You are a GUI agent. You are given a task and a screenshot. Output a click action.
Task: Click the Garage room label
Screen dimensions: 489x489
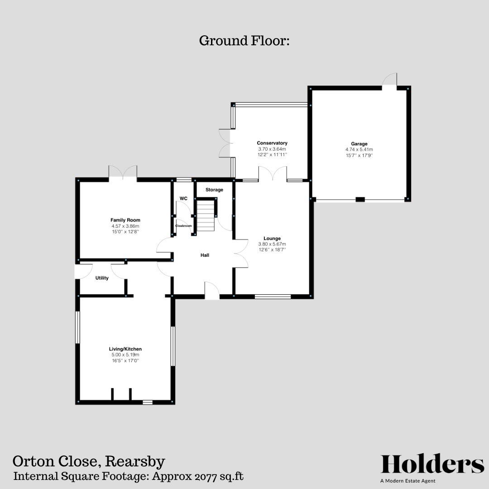pos(360,144)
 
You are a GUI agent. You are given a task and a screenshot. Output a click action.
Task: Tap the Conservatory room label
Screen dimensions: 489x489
pos(272,143)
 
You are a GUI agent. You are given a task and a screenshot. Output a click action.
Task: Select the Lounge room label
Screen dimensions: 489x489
pos(272,238)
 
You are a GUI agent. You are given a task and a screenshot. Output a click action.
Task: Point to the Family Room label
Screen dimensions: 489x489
pos(125,220)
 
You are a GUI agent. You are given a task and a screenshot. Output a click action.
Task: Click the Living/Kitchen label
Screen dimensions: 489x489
pos(125,349)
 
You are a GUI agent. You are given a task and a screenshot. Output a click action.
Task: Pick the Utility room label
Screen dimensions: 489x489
pos(102,278)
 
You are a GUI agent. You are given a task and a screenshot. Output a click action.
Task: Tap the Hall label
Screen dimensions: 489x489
pos(205,255)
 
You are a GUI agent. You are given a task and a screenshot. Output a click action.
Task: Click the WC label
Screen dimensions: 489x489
pos(183,198)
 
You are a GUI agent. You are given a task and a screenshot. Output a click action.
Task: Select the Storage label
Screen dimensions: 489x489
pos(214,190)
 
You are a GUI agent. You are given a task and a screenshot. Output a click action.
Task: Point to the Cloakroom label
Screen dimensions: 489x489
pos(183,225)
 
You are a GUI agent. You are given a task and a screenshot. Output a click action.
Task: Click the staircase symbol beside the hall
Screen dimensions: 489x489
pos(205,216)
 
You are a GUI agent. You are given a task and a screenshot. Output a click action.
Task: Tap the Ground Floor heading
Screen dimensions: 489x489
pos(244,41)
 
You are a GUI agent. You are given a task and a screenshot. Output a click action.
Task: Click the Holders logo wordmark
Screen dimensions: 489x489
pos(432,465)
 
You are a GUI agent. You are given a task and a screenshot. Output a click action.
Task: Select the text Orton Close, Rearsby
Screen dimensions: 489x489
pos(89,461)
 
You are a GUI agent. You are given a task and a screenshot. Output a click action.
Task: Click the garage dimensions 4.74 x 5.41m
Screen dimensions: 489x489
pos(360,149)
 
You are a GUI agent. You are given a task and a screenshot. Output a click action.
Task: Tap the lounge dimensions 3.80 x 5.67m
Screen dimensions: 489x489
pos(272,244)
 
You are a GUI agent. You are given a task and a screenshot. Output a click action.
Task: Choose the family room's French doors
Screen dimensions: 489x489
pos(123,172)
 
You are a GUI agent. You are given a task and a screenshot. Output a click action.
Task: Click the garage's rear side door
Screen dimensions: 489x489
pos(390,81)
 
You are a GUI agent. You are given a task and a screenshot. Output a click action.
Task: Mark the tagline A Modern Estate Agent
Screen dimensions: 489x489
pos(408,481)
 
